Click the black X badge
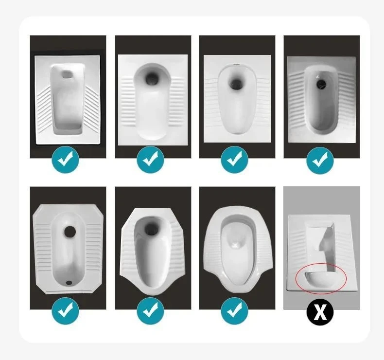320,312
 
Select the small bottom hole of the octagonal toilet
69,282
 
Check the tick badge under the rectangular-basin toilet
66,160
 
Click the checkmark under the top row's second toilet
150,160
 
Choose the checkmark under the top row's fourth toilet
320,160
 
